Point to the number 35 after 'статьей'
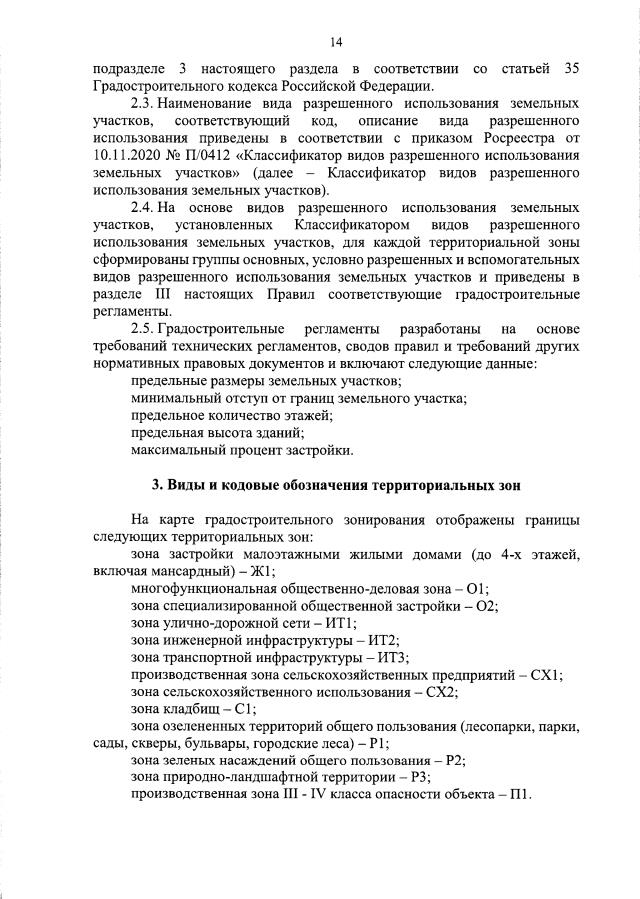tap(570, 68)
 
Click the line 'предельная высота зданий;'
tap(217, 433)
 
